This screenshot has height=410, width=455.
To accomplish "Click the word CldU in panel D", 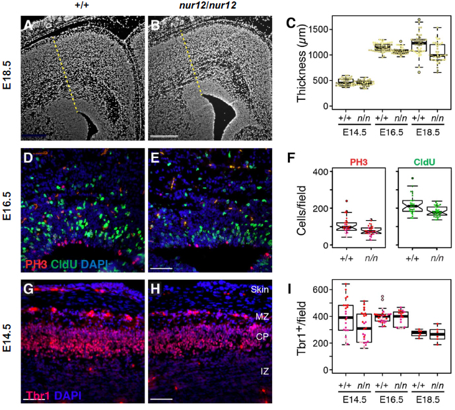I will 60,265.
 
